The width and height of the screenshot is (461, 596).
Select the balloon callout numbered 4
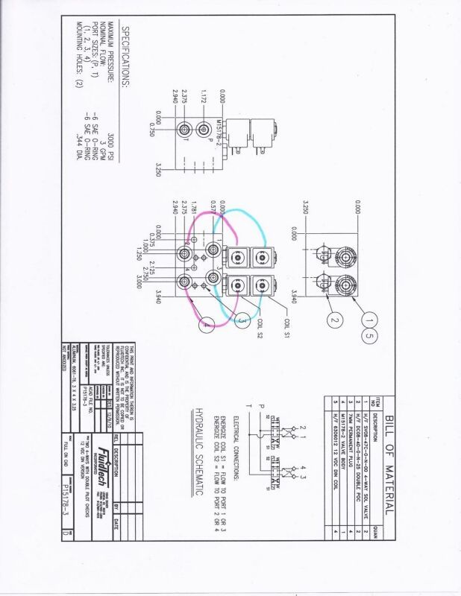tap(207, 323)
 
